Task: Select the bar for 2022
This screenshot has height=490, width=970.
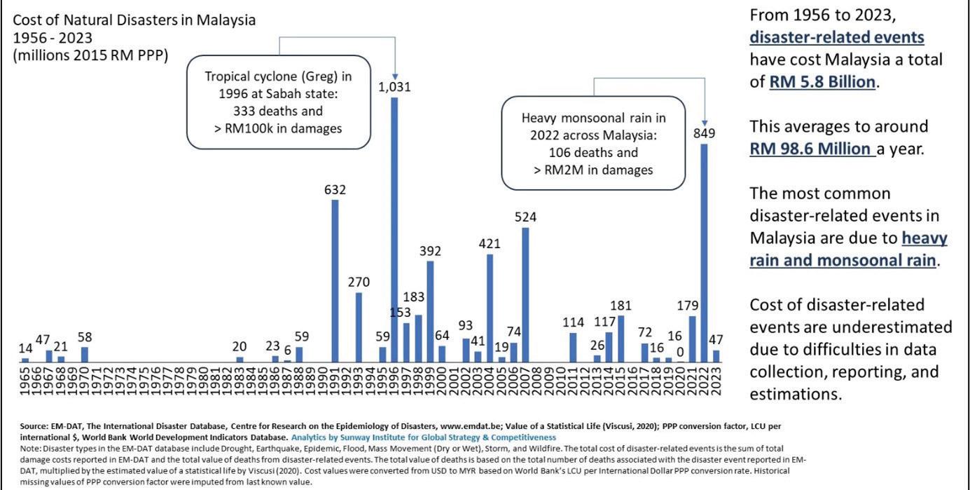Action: click(x=705, y=253)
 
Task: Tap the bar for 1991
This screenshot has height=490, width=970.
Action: click(x=335, y=281)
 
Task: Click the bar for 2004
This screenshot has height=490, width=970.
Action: click(x=490, y=308)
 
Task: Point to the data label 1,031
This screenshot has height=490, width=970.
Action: click(x=394, y=88)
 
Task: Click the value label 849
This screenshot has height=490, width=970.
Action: click(x=705, y=133)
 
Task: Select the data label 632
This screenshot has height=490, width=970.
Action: click(x=335, y=190)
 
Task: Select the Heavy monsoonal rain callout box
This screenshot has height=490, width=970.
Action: click(x=593, y=143)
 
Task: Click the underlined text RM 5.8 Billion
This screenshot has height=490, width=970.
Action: click(x=822, y=82)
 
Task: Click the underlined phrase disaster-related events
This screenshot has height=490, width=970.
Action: click(x=836, y=37)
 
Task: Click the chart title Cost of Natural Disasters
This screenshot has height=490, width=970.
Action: click(x=134, y=20)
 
